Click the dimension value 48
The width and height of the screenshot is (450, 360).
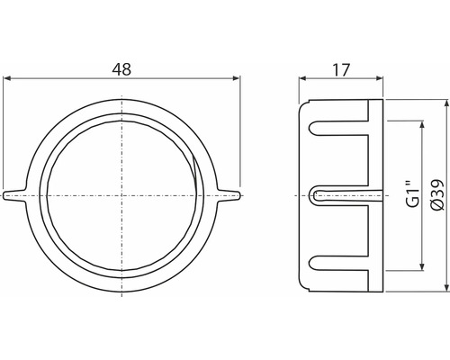coord(121,67)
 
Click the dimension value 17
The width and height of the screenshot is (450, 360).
coord(341,67)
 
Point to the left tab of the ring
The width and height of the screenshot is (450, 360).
coord(16,194)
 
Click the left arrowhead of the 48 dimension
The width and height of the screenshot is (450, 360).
coord(8,79)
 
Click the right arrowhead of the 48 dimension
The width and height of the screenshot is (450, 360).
coord(237,79)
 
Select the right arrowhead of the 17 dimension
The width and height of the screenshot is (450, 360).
coord(378,79)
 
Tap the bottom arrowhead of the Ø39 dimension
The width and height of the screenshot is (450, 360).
coord(442,287)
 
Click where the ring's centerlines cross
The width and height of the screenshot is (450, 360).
coord(121,194)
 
